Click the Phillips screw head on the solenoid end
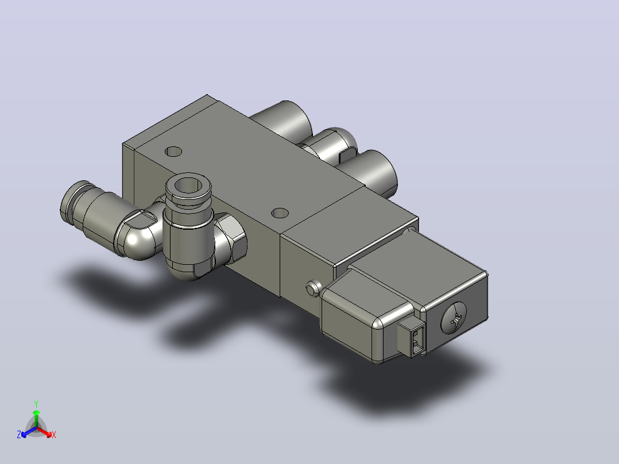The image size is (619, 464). [453, 318]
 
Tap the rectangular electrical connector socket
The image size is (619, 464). [412, 338]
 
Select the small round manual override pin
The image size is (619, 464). [312, 288]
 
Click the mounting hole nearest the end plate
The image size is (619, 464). [173, 151]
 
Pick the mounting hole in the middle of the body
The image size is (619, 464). [280, 213]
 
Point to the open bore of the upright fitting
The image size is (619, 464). [187, 185]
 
